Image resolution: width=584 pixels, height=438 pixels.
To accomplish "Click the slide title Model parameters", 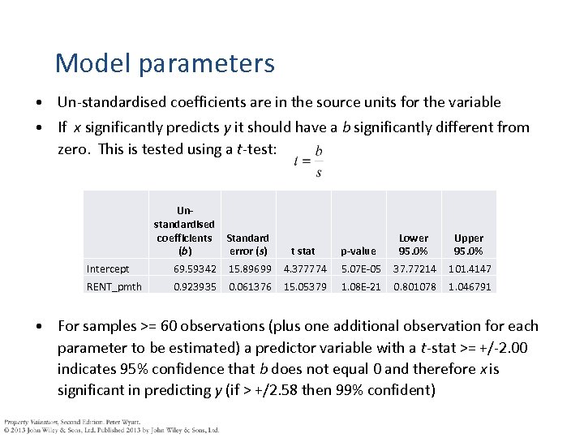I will click(x=165, y=62).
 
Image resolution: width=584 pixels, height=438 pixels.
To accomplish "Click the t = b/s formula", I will click(x=308, y=161).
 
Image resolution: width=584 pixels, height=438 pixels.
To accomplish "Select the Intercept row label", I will click(x=108, y=268).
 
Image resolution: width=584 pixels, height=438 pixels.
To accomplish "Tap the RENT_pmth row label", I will click(x=114, y=286).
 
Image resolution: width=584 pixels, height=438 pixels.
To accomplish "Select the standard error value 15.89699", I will click(x=250, y=268).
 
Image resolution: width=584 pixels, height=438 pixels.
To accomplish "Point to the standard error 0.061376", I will click(x=250, y=286).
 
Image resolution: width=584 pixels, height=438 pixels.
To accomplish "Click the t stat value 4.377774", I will click(x=305, y=268).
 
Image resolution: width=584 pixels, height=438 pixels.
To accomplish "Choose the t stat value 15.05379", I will click(x=305, y=286).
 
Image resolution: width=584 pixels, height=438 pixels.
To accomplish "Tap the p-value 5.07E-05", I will click(x=361, y=268).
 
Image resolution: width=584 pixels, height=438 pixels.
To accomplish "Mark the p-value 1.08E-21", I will click(x=361, y=286).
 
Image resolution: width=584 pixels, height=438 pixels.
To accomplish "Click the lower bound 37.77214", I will click(x=414, y=268).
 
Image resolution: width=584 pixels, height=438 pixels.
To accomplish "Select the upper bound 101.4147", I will click(x=469, y=268).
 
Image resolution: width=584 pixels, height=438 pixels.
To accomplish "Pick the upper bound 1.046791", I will click(x=469, y=286).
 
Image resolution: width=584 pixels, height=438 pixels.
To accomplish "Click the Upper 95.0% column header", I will click(x=469, y=244).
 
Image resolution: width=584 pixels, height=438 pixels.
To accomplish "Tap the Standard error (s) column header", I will click(x=247, y=244).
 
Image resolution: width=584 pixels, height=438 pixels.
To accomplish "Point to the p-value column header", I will click(x=359, y=251).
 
